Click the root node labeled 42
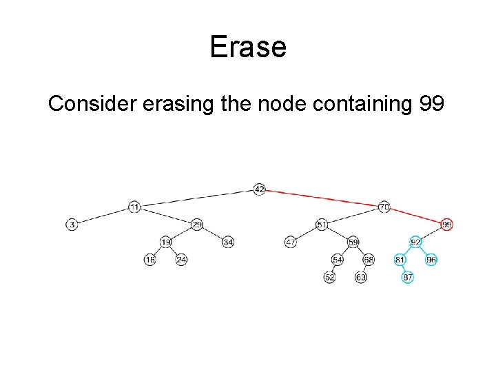[x=259, y=189]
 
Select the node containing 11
[x=134, y=207]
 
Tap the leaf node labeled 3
[x=72, y=225]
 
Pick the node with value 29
[x=197, y=225]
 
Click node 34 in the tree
[x=229, y=242]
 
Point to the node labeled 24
[x=181, y=260]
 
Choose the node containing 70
[x=384, y=207]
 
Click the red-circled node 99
[x=447, y=225]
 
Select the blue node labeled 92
[x=415, y=242]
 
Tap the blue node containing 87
[x=408, y=278]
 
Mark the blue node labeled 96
[x=431, y=260]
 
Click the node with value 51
[x=322, y=225]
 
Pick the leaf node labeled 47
[x=291, y=242]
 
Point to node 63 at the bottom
[x=360, y=278]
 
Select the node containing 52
[x=329, y=278]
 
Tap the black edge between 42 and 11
[x=197, y=198]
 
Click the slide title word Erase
[x=247, y=47]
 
